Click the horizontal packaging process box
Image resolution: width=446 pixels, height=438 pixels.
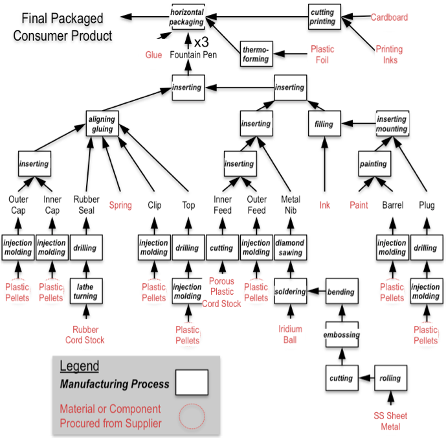pos(186,17)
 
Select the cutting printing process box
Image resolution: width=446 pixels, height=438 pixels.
pos(322,17)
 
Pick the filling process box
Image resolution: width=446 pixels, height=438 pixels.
pos(324,124)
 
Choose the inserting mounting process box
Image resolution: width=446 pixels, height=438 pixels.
pos(392,124)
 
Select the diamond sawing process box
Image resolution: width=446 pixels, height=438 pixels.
pos(290,248)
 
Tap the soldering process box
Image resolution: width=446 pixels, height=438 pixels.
pos(290,292)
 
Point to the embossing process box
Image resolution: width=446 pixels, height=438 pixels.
pos(341,335)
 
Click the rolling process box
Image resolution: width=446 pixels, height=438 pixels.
pos(390,378)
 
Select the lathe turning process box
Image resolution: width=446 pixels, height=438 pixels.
pos(85,292)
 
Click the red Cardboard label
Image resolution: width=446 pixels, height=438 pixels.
pos(390,17)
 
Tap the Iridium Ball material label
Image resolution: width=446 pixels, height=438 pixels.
pos(290,334)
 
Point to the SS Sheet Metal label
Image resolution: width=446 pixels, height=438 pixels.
pos(390,421)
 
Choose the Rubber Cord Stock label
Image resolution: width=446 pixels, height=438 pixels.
pos(85,335)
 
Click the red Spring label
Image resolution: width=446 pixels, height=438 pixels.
pos(120,205)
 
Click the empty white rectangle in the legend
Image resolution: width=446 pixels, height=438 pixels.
pos(192,382)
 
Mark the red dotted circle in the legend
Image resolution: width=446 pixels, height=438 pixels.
pos(192,416)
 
